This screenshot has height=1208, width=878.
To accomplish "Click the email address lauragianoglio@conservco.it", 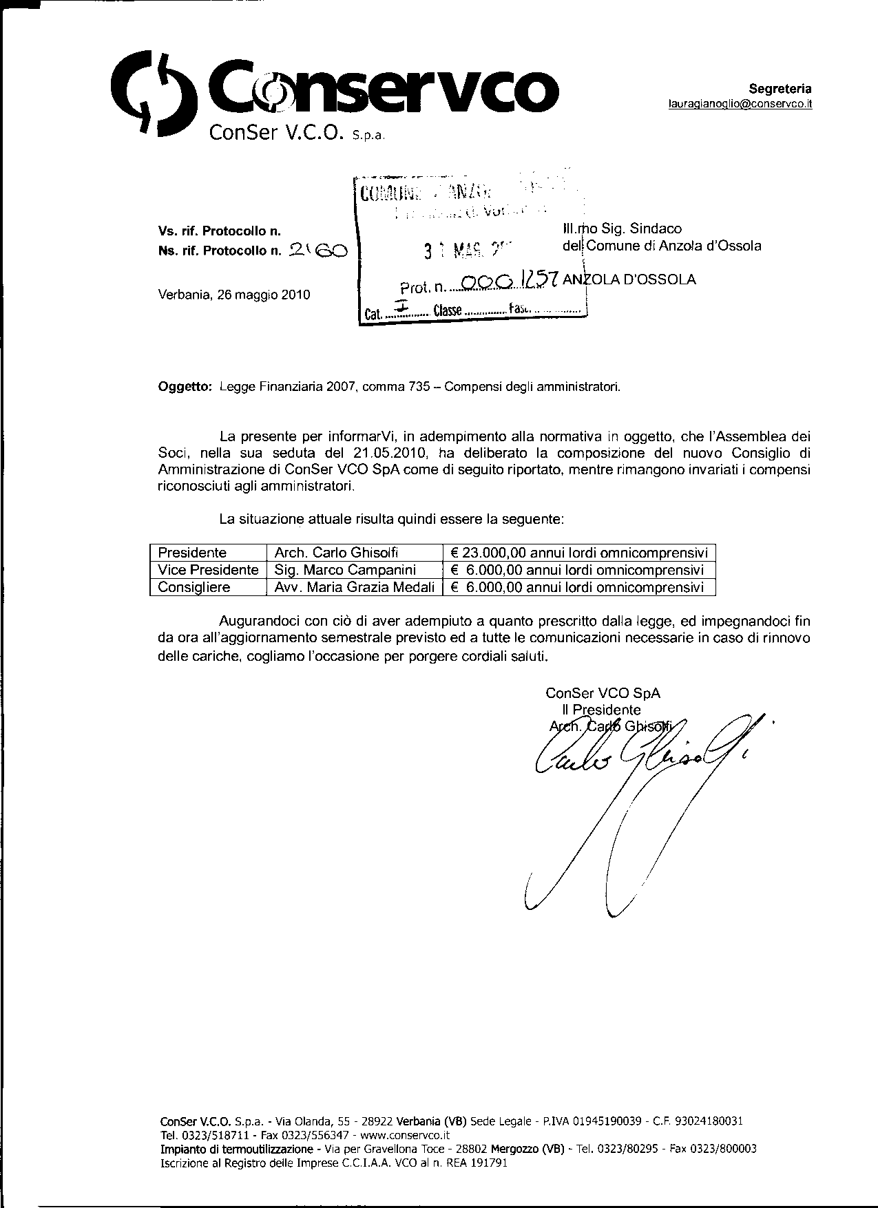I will coord(740,104).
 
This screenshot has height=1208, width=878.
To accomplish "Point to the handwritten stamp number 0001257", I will coord(510,280).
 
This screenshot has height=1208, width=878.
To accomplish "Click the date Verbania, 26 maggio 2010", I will coord(234,295).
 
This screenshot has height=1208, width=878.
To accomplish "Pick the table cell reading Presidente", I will coord(193,553).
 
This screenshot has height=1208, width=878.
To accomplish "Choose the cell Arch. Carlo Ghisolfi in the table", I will coord(337,553).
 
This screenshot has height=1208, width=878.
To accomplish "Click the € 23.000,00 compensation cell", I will coord(578,553).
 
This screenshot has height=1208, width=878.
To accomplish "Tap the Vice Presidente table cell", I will coord(208,570).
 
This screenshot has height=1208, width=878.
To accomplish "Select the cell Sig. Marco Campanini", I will coord(345,570).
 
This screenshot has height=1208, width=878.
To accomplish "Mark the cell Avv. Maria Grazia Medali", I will coord(354,587).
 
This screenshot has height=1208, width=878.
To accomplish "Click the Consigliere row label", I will coord(194,587).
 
